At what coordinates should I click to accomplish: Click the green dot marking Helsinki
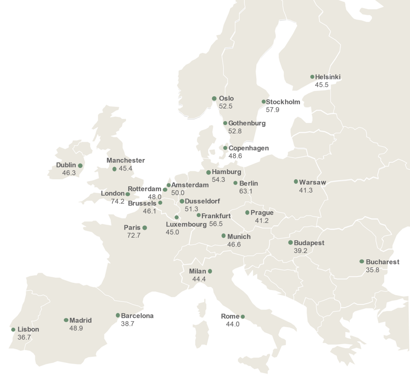pos(312,77)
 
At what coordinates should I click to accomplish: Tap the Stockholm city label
pos(283,102)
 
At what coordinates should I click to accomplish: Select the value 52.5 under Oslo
pos(225,106)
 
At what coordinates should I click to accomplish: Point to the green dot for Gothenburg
pos(225,123)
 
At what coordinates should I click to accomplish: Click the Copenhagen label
pos(248,148)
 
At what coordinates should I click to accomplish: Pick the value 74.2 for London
pos(118,202)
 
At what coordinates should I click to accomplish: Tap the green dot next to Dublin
pos(80,166)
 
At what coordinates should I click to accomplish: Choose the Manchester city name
pos(125,160)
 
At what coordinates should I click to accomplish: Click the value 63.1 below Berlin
pos(246,191)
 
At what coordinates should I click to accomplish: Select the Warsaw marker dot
pos(296,182)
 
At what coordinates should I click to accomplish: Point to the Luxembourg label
pos(186,224)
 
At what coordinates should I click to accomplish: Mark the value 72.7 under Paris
pos(134,236)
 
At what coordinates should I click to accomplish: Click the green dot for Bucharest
pos(361,262)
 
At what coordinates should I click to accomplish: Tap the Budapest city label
pos(309,243)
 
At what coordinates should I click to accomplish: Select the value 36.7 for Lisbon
pos(24,337)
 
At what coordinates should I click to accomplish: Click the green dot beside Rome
pos(243,317)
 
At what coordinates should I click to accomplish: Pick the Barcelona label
pos(137,316)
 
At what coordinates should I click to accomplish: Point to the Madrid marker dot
pos(66,320)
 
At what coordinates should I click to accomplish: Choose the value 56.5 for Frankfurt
pos(216,224)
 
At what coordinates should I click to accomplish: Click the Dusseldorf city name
pos(202,201)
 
